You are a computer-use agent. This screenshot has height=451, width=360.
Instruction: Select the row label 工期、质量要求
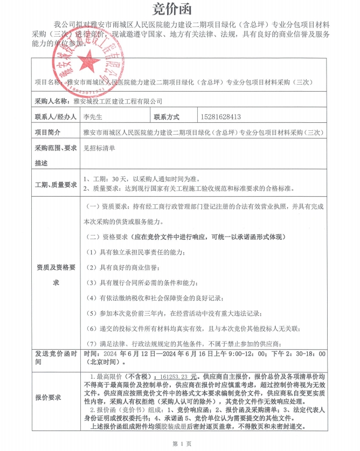[x=56, y=184]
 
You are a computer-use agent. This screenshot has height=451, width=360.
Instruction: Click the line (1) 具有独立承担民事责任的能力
[x=136, y=252]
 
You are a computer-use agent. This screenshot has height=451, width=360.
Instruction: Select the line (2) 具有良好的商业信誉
[x=121, y=267]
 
